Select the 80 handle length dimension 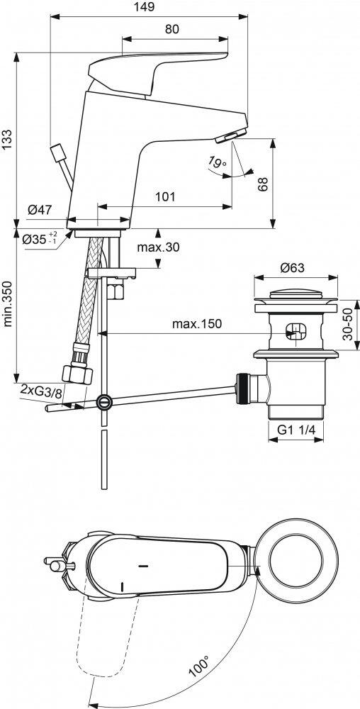[172, 29]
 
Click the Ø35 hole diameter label [40, 240]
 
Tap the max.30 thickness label [158, 247]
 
